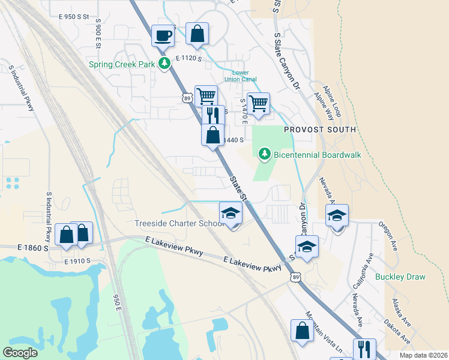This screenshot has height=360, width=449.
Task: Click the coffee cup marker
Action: (x=163, y=36)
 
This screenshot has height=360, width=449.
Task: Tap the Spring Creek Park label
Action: (x=122, y=64)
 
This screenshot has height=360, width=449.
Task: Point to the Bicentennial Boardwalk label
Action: (x=318, y=155)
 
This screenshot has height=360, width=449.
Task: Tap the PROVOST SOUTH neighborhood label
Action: (x=320, y=130)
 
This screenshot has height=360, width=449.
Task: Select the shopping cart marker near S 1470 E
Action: (x=258, y=103)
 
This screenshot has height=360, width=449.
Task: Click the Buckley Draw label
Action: (x=400, y=277)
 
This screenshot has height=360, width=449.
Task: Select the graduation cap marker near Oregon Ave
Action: (x=337, y=215)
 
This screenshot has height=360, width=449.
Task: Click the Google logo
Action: (x=20, y=353)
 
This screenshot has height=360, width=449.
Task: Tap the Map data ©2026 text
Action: (x=423, y=355)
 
